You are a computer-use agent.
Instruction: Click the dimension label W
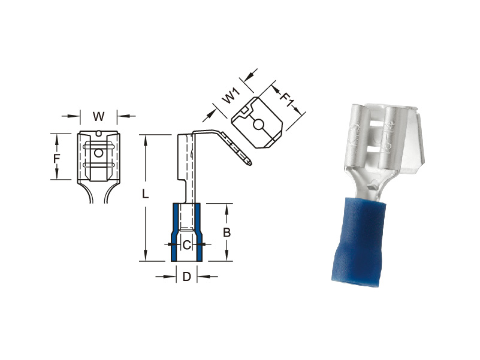click(x=98, y=117)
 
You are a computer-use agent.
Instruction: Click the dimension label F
click(x=57, y=159)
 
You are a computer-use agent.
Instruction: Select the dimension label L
click(x=145, y=193)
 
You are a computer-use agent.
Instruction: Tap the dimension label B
click(x=227, y=232)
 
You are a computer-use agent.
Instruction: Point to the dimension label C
click(x=187, y=245)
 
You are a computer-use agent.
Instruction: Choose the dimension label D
click(x=187, y=277)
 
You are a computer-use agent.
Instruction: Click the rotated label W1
click(x=231, y=95)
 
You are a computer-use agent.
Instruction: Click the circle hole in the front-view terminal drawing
click(x=98, y=153)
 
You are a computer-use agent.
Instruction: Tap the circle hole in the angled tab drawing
click(x=258, y=125)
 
